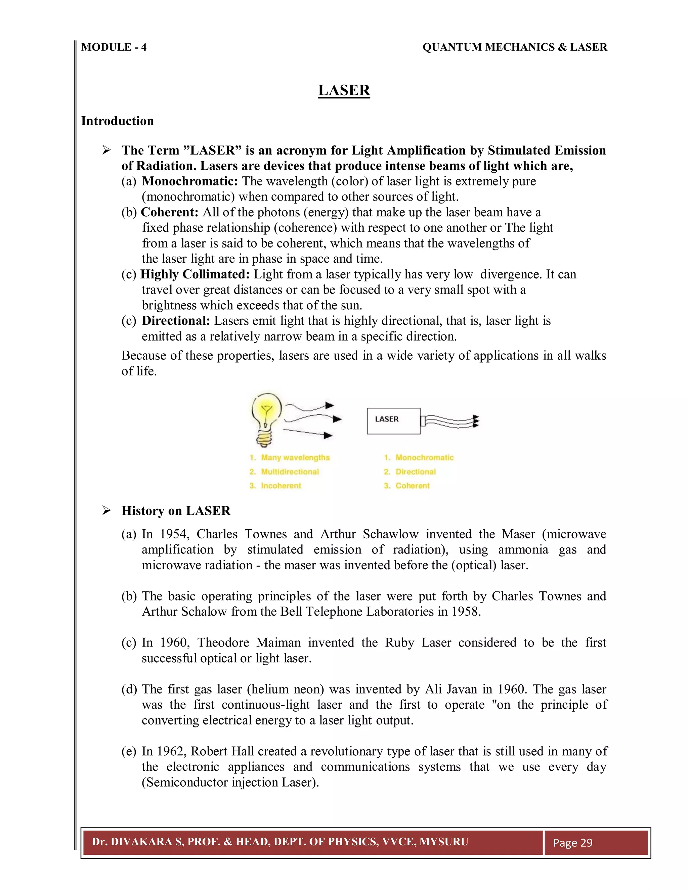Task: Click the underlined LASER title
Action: [x=344, y=90]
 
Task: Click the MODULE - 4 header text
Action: [x=114, y=47]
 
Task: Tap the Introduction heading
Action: [x=117, y=121]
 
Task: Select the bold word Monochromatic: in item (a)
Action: [x=189, y=181]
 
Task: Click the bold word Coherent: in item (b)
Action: [x=170, y=212]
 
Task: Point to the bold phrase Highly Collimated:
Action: [x=195, y=274]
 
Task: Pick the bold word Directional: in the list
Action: [x=176, y=321]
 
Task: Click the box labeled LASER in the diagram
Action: [x=393, y=420]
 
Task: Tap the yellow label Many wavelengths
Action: [x=295, y=458]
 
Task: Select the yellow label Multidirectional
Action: [x=290, y=472]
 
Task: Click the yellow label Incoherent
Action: [x=281, y=486]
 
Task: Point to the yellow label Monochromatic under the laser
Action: [x=424, y=458]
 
